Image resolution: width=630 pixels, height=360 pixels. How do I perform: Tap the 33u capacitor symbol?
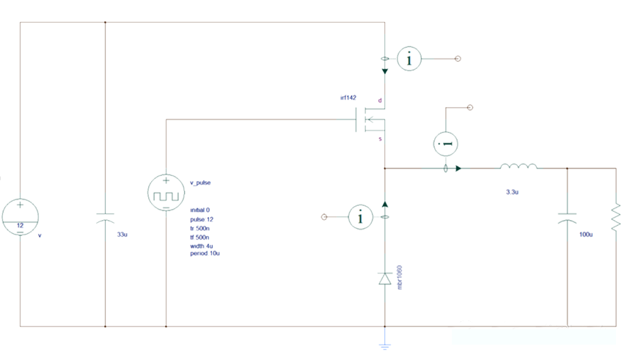click(106, 218)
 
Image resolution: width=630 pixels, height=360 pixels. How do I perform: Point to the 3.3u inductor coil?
click(519, 167)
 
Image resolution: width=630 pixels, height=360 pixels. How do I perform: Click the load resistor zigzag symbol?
click(615, 217)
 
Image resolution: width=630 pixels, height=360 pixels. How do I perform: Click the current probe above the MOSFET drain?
click(409, 59)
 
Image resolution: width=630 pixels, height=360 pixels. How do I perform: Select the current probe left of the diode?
click(360, 217)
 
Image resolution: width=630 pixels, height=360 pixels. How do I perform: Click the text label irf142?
click(348, 98)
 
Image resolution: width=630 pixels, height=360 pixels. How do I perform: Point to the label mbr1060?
click(400, 277)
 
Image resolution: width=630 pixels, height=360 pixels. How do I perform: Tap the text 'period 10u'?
click(206, 254)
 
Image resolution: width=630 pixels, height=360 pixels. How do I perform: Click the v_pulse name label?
click(201, 183)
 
